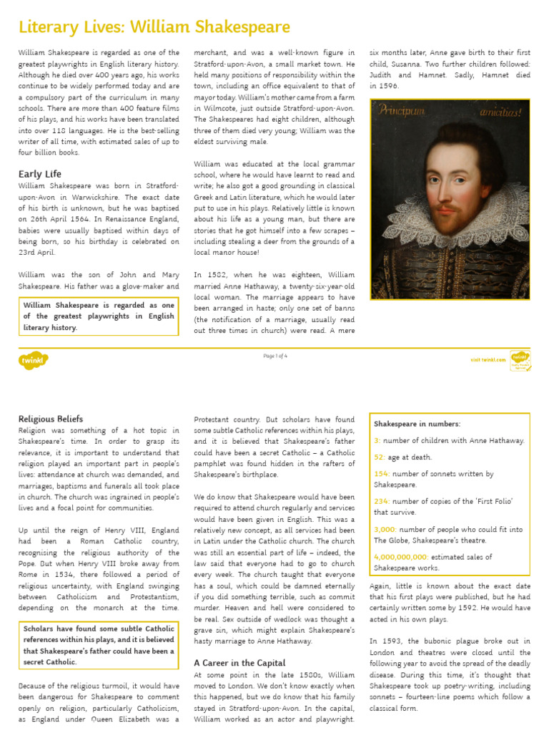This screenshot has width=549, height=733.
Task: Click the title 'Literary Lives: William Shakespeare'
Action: (x=154, y=27)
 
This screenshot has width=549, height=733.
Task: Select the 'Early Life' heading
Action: (x=40, y=174)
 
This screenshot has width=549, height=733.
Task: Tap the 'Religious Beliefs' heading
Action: (x=51, y=419)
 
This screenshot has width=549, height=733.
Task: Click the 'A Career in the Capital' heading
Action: (x=239, y=663)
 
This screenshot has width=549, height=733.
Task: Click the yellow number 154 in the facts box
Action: (x=382, y=474)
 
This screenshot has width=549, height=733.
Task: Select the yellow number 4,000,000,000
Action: (x=401, y=557)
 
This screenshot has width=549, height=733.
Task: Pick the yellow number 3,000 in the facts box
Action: (x=385, y=530)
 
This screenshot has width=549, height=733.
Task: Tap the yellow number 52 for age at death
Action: (x=379, y=457)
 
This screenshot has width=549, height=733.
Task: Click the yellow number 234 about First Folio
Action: (x=382, y=502)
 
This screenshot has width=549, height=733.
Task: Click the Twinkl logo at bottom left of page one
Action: (x=34, y=360)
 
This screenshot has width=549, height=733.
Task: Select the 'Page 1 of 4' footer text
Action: (x=275, y=356)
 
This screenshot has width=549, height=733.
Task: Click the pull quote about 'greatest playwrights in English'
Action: (x=99, y=316)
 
